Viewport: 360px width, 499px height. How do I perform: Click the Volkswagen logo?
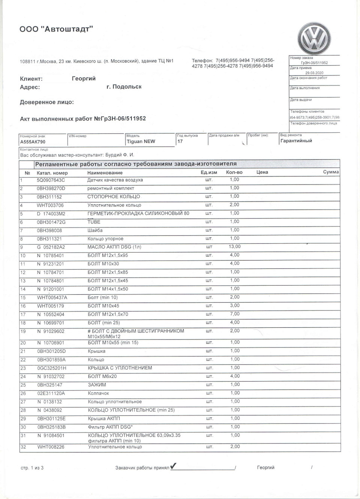click(314, 39)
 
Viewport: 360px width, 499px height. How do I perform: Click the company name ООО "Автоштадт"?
click(56, 29)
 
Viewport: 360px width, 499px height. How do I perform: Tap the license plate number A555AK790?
click(33, 142)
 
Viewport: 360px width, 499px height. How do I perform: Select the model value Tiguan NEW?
click(141, 142)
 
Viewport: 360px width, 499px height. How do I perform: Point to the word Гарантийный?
click(296, 141)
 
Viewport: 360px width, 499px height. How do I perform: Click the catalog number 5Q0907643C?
click(51, 180)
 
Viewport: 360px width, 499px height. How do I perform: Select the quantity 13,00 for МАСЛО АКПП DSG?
click(235, 247)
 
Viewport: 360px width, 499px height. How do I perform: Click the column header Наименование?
click(105, 173)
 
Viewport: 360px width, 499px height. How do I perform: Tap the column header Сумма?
click(331, 172)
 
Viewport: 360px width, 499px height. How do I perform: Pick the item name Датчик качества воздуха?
click(115, 180)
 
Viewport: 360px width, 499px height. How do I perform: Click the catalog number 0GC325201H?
click(51, 368)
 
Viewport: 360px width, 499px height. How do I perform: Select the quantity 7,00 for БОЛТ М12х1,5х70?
click(234, 314)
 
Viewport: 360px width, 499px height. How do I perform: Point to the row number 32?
click(23, 447)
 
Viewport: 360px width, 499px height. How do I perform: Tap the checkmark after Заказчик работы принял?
click(173, 466)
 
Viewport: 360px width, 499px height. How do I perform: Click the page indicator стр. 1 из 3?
click(32, 468)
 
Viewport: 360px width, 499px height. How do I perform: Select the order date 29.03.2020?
click(314, 73)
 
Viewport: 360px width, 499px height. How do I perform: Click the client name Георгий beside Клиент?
click(84, 79)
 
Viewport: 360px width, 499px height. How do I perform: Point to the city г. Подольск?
click(124, 87)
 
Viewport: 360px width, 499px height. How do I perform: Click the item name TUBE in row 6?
click(94, 222)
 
